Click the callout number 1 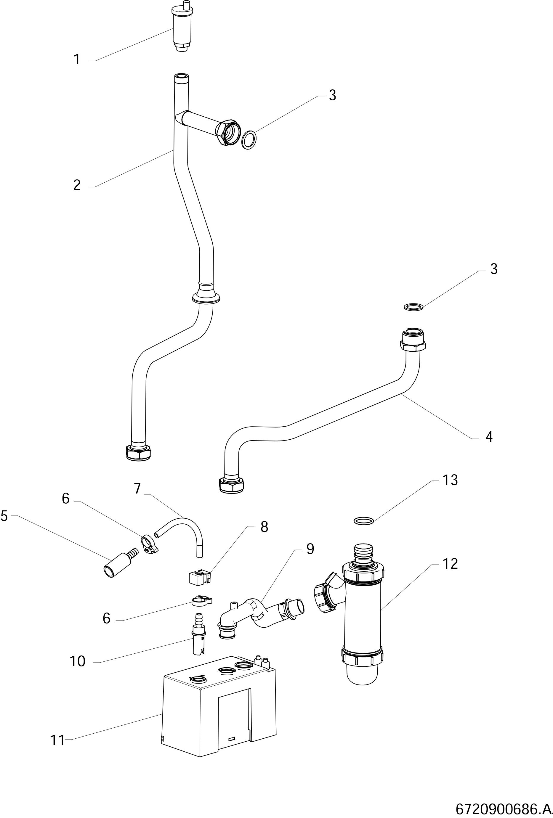pos(77,60)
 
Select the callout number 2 pos(77,185)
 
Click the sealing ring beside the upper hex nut pos(249,140)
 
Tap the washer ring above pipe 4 pos(413,307)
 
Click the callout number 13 pos(450,480)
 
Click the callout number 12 pos(450,564)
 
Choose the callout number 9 pos(310,549)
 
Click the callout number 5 pos(4,516)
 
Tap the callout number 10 pos(78,661)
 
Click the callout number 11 pos(57,740)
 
